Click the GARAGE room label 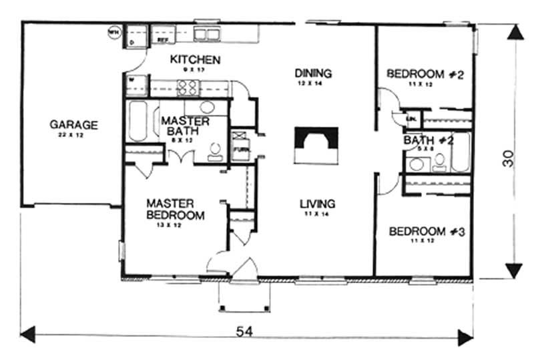(x=73, y=124)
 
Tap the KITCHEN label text (x=195, y=59)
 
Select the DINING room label (x=313, y=73)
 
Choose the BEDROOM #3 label (x=426, y=232)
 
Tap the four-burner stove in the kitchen (x=188, y=87)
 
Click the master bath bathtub (x=138, y=122)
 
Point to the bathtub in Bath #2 (x=460, y=152)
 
